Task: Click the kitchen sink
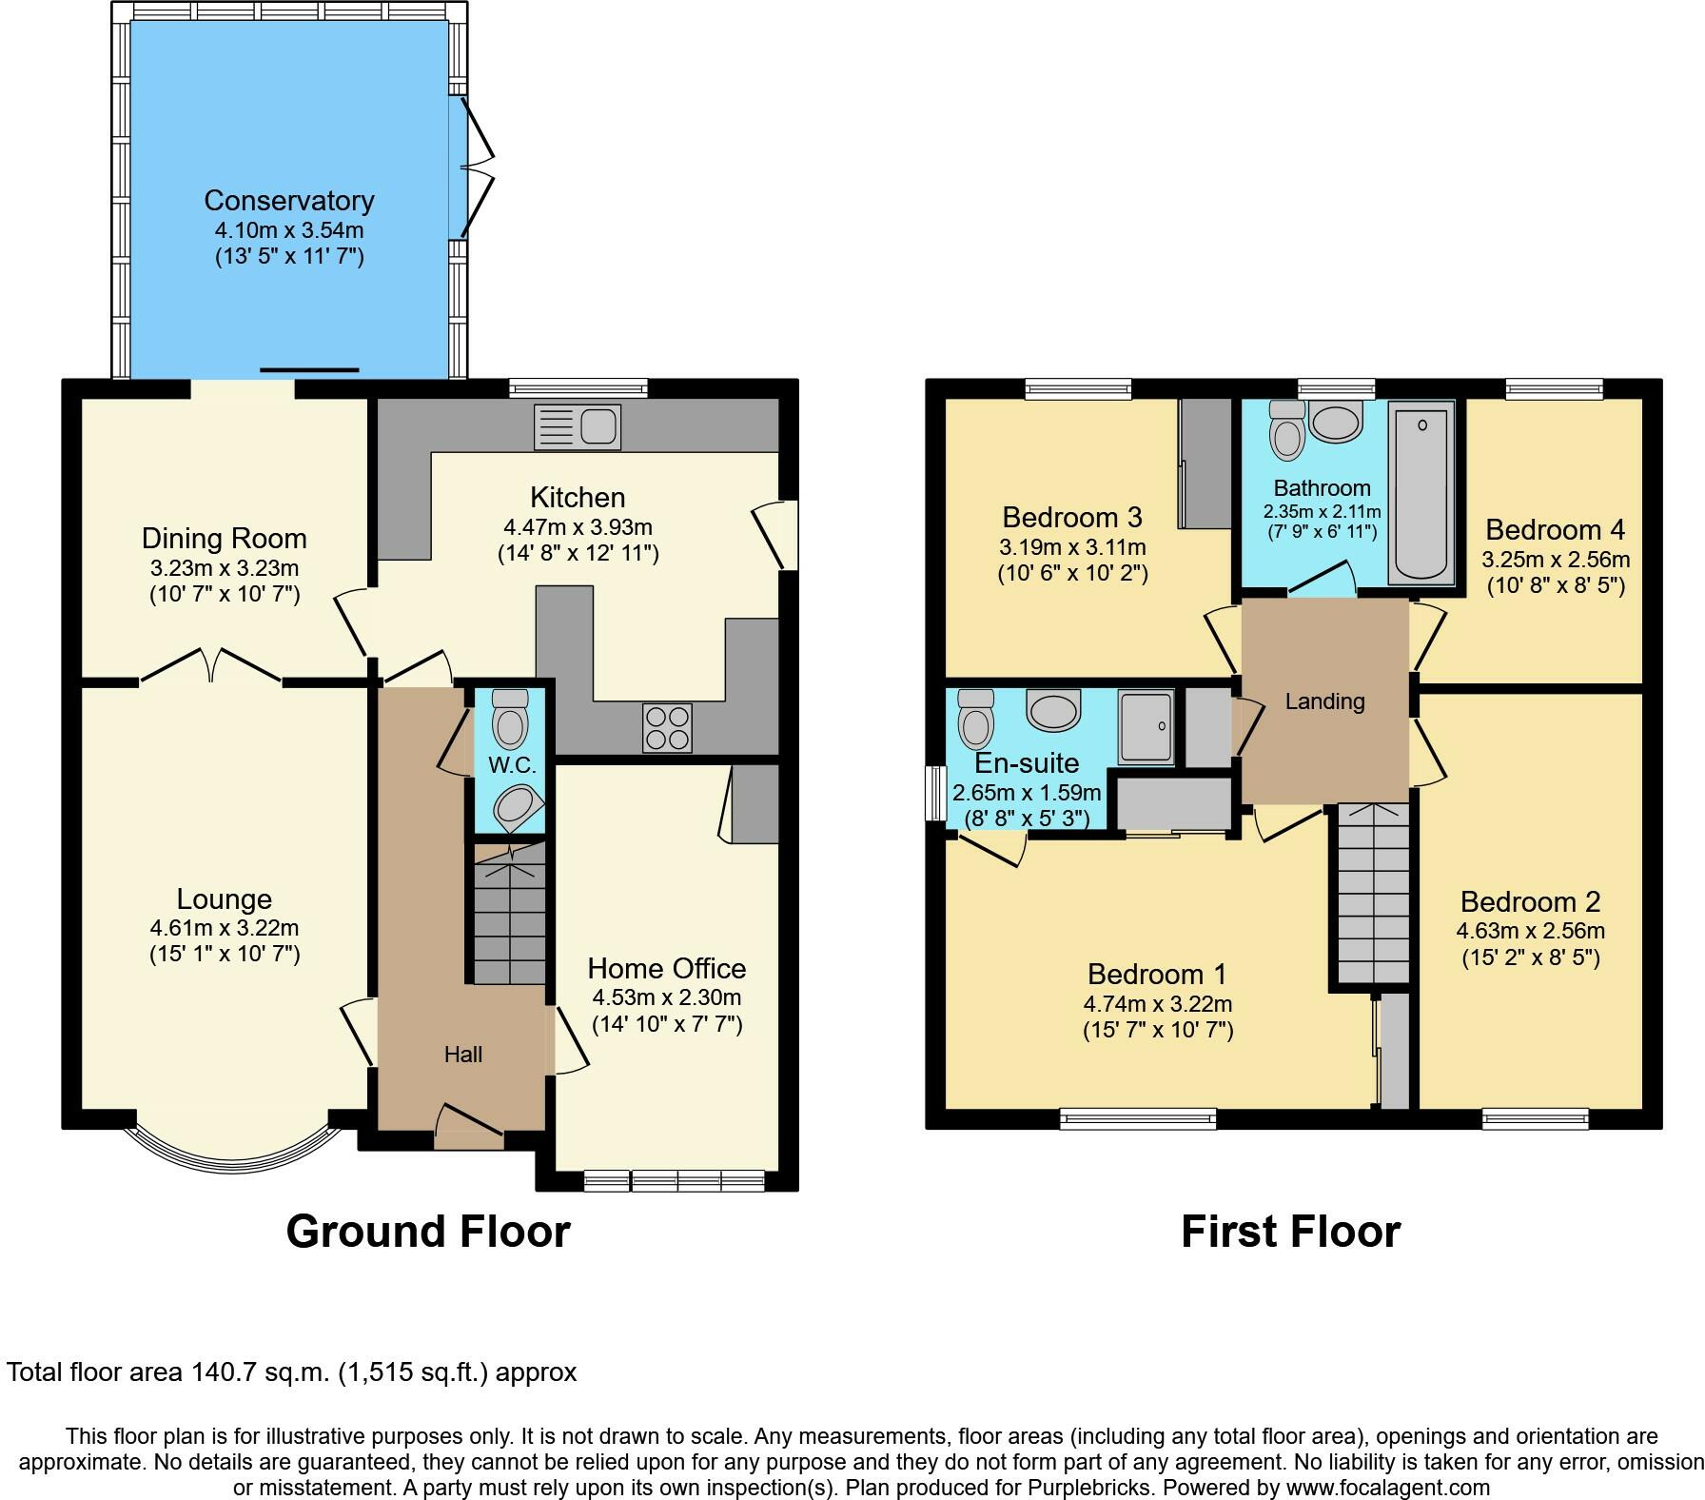pos(578,426)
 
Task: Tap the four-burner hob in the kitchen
pos(667,728)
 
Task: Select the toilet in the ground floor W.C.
pos(510,719)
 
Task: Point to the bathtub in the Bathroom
pos(1421,492)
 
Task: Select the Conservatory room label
pos(289,201)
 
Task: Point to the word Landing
pos(1324,701)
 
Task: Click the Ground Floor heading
pos(428,1232)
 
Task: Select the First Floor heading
pos(1291,1232)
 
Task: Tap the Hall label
pos(463,1055)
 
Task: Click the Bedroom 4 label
pos(1556,530)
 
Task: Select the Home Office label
pos(667,969)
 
